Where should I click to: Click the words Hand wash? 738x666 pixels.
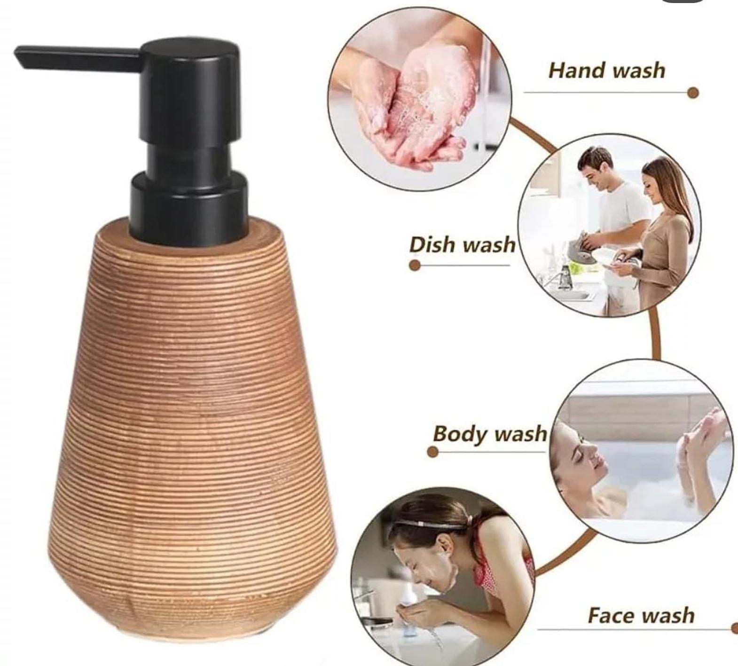(607, 70)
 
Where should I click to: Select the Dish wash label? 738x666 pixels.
(462, 244)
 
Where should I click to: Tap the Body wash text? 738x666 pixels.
(490, 433)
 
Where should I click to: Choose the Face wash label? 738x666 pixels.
(641, 615)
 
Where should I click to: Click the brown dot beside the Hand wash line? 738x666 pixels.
(692, 93)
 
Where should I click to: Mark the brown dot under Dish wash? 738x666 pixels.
(415, 265)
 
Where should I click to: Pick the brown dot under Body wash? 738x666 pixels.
(433, 452)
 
